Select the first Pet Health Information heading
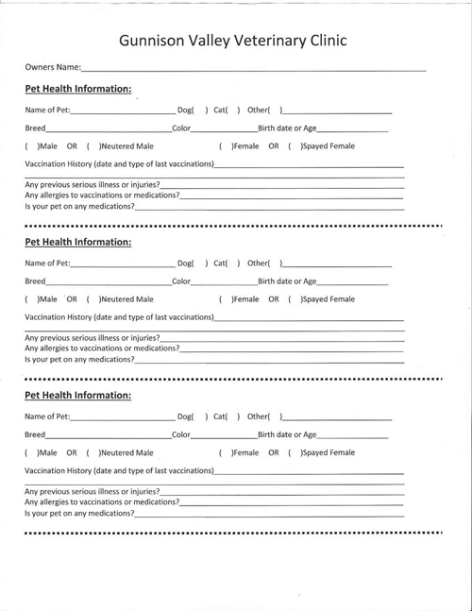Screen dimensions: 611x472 (77, 89)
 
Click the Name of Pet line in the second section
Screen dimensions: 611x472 (123, 263)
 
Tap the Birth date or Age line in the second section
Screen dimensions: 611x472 (352, 281)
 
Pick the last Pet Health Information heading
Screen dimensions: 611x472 (77, 395)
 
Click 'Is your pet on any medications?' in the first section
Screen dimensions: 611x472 (79, 206)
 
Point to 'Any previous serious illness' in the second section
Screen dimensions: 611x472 (92, 337)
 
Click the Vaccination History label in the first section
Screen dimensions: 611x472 (118, 164)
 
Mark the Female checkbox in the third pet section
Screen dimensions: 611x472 (226, 452)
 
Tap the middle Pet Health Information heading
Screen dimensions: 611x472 (77, 242)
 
